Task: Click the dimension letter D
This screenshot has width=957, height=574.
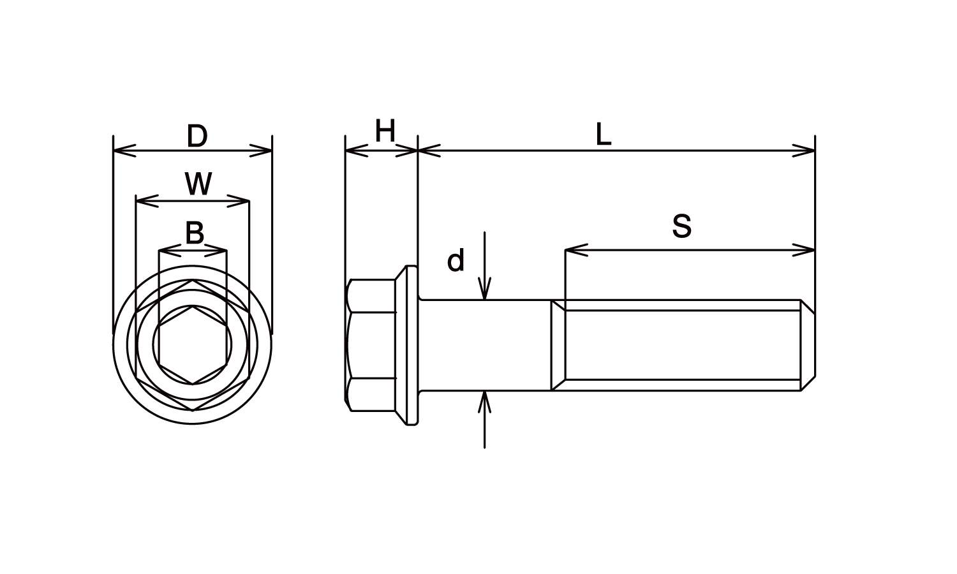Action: coord(197,136)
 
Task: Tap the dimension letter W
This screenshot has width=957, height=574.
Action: coord(198,184)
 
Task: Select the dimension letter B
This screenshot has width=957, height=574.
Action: coord(195,233)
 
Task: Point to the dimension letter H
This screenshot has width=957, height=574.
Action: coord(385,131)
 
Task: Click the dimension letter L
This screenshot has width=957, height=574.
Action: coord(604,135)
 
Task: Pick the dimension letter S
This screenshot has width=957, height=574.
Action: coord(682,226)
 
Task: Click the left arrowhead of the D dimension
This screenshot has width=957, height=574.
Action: coord(124,151)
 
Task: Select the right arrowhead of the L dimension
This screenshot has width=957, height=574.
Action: coord(804,151)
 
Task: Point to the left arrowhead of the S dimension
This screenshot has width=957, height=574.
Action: coord(576,250)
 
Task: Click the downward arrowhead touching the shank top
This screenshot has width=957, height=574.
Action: coord(484,289)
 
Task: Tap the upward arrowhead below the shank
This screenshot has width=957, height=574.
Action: coord(484,402)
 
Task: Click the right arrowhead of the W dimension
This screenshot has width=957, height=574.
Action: coord(238,201)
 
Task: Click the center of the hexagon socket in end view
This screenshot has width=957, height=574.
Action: coord(193,345)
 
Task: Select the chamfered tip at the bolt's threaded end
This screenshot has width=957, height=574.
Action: coord(808,345)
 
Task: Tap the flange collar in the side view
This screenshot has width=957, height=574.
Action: coord(406,345)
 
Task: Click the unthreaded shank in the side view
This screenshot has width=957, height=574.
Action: coord(484,345)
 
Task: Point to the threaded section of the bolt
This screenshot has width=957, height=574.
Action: coord(683,345)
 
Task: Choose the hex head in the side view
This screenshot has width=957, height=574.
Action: coord(371,345)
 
